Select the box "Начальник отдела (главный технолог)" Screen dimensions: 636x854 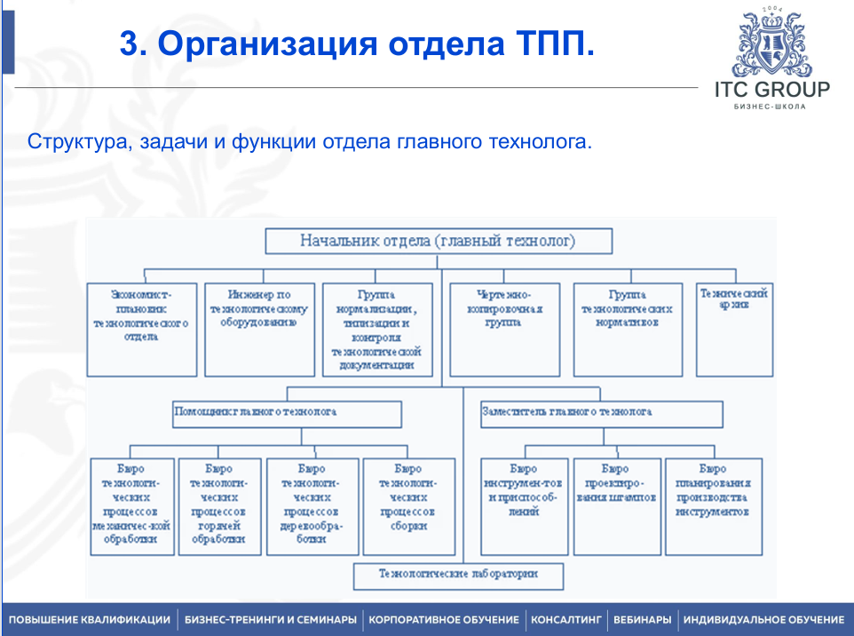pos(439,241)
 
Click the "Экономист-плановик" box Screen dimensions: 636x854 pos(141,329)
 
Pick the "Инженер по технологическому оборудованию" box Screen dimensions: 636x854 pos(259,329)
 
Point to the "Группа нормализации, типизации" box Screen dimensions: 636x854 pos(377,329)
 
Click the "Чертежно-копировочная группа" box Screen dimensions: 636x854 pos(504,329)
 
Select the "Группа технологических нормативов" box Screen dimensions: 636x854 pos(628,329)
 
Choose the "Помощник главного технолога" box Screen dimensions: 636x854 pos(287,413)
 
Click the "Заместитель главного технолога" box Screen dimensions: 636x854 pos(601,413)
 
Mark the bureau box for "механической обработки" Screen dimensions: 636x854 pos(130,506)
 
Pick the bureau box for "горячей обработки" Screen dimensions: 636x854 pos(219,506)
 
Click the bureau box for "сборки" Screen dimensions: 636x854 pos(408,506)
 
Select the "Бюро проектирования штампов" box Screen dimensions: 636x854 pos(616,506)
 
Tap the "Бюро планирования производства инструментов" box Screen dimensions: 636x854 pos(713,506)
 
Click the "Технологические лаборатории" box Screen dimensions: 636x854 pos(458,576)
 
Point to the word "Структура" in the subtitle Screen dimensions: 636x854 pos(80,141)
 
